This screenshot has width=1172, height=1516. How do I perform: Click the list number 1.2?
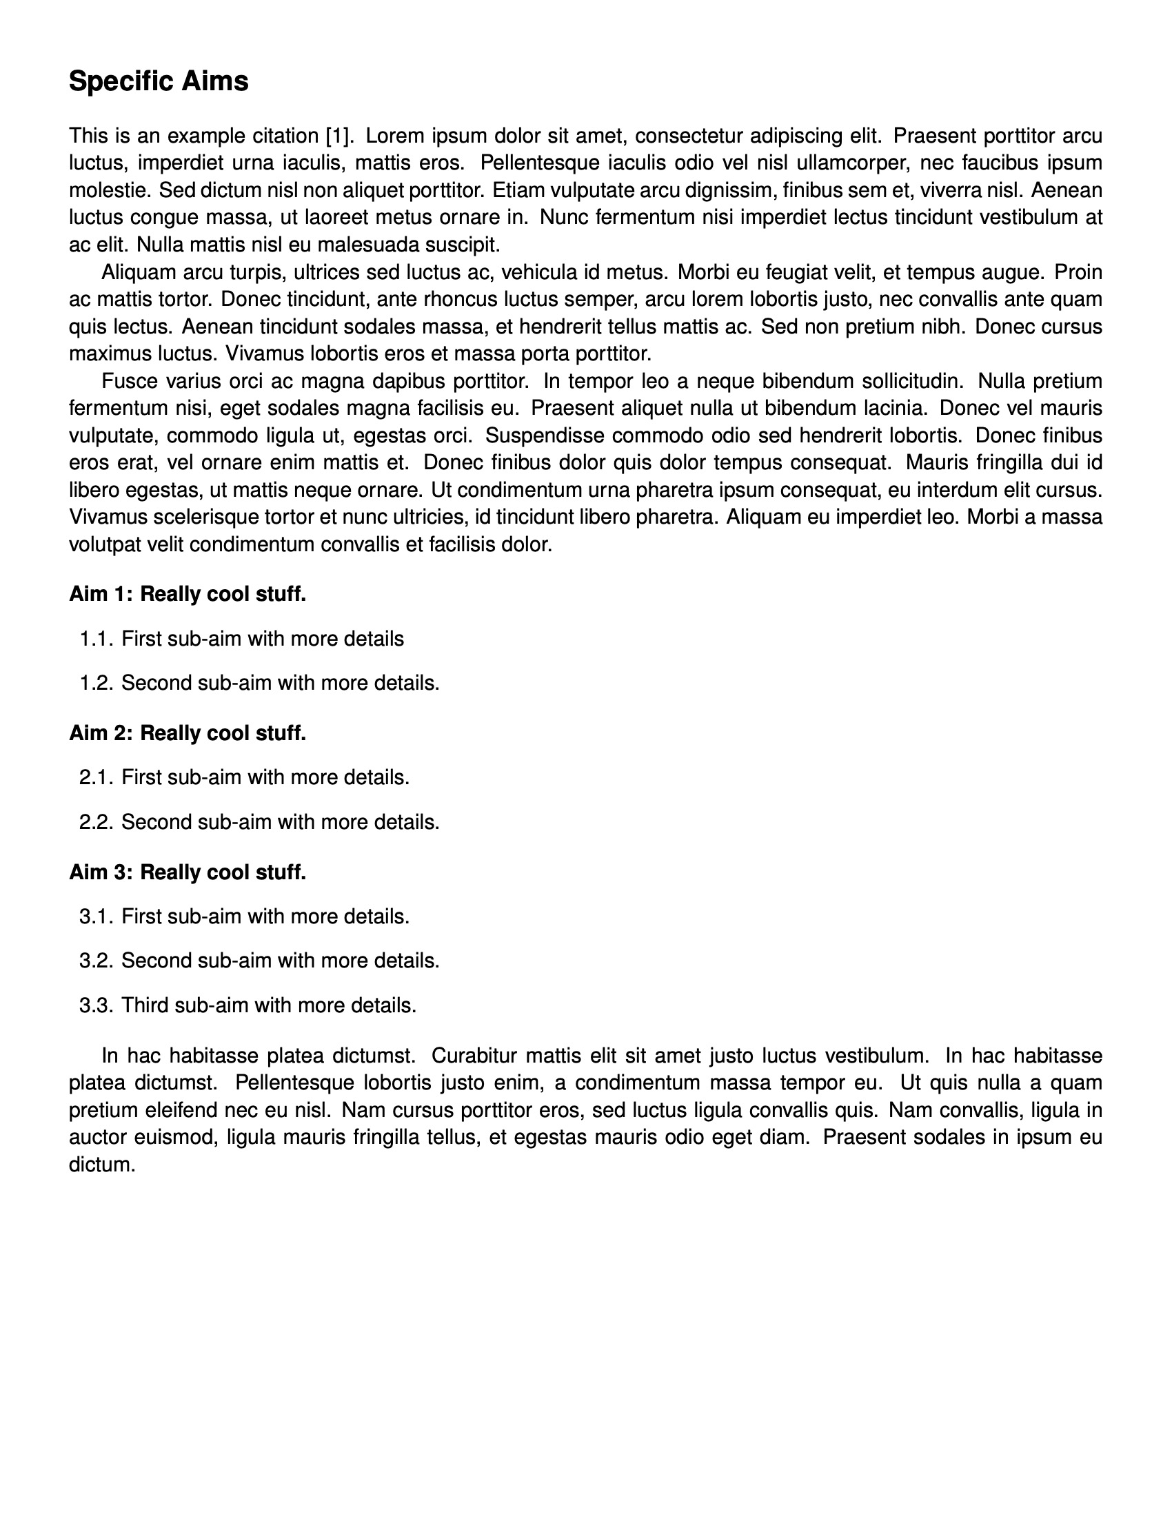(96, 683)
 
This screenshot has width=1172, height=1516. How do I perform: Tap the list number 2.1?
(96, 777)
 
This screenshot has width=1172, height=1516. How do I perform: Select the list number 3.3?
(96, 1005)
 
